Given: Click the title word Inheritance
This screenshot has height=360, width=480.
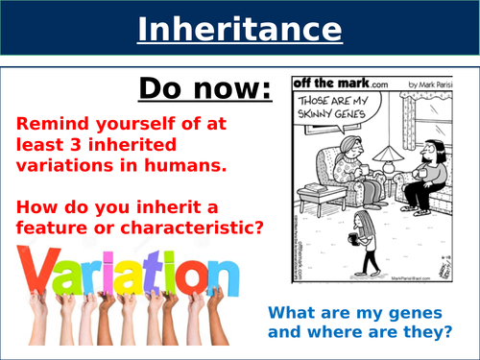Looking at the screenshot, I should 239,30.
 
